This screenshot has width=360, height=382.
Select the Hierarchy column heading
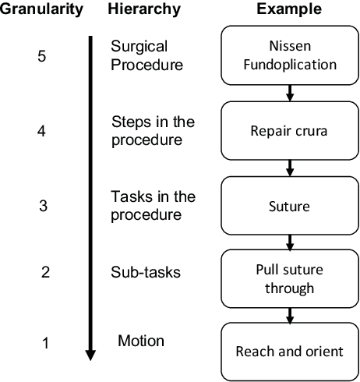point(143,9)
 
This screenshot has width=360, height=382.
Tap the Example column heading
point(289,9)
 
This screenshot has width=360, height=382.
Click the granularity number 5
point(41,57)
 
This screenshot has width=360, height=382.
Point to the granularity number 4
point(41,131)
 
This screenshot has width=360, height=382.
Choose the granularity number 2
point(45,272)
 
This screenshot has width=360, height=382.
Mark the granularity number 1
point(45,341)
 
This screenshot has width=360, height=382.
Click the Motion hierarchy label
point(141,341)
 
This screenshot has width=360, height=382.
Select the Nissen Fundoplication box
point(289,57)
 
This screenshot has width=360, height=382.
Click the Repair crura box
point(289,131)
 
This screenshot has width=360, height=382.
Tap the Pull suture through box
point(289,278)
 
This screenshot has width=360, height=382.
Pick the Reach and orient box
point(289,351)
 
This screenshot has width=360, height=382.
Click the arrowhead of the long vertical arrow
point(90,355)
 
